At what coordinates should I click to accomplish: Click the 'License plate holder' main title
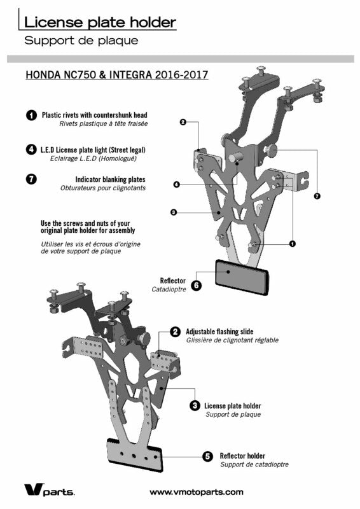pos(100,22)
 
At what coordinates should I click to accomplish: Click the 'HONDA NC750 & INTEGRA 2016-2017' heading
pos(117,74)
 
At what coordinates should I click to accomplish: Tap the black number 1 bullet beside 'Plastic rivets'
pos(31,115)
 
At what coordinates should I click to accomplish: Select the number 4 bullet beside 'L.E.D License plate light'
pos(31,150)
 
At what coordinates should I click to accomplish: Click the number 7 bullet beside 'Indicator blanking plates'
pos(31,179)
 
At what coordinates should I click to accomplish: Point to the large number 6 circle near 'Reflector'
pos(197,285)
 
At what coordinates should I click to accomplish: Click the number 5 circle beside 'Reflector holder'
pos(207,456)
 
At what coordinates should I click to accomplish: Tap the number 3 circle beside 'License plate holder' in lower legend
pos(195,406)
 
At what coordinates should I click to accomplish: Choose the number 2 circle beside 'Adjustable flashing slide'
pos(176,331)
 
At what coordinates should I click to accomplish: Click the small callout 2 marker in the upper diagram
pos(183,122)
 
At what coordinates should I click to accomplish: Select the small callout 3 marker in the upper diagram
pos(174,213)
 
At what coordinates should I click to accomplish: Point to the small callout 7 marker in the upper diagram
pos(317,196)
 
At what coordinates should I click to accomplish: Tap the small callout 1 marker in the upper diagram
pos(293,243)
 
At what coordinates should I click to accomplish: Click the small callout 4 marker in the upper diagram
pos(177,185)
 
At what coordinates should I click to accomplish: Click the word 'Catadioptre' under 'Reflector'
pos(169,289)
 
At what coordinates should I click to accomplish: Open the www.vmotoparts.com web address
pos(197,492)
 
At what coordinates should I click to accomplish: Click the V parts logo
pos(50,489)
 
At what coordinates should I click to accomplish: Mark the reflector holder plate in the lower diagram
pos(134,454)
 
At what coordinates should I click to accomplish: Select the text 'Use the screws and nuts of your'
pos(85,223)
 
